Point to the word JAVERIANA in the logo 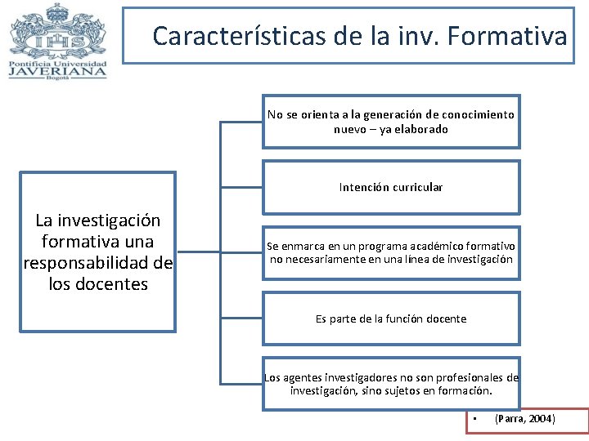click(56, 70)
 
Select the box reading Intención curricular click(391, 187)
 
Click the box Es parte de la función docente click(391, 318)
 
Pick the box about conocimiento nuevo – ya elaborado click(391, 122)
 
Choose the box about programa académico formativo click(391, 252)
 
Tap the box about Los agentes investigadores click(391, 384)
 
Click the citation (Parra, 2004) click(524, 418)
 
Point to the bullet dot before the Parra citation click(474, 419)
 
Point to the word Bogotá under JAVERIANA click(56, 78)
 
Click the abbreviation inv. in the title click(399, 36)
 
